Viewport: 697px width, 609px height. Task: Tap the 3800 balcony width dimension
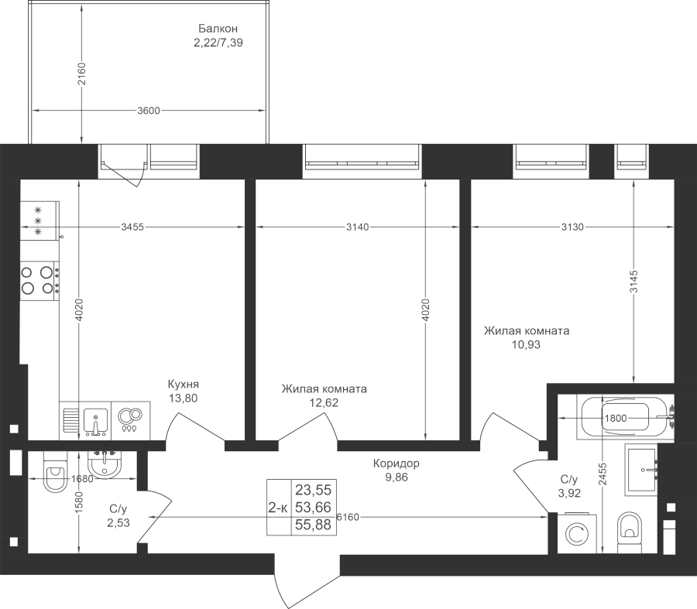coord(148,111)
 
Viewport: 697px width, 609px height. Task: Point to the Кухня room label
coord(184,384)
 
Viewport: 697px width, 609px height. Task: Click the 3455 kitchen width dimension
coord(132,227)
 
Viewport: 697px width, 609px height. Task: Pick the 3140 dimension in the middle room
coord(356,227)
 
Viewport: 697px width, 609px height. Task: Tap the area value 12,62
coord(324,402)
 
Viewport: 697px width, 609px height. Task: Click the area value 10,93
coord(526,344)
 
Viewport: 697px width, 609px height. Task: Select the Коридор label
coord(396,464)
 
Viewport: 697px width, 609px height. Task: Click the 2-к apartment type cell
coord(277,507)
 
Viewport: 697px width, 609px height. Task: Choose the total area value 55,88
coord(313,525)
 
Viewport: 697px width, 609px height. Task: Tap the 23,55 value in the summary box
coord(313,489)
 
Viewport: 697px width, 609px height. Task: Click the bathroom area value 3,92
coord(569,492)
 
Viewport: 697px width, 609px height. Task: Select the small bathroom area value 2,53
coord(118,523)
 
